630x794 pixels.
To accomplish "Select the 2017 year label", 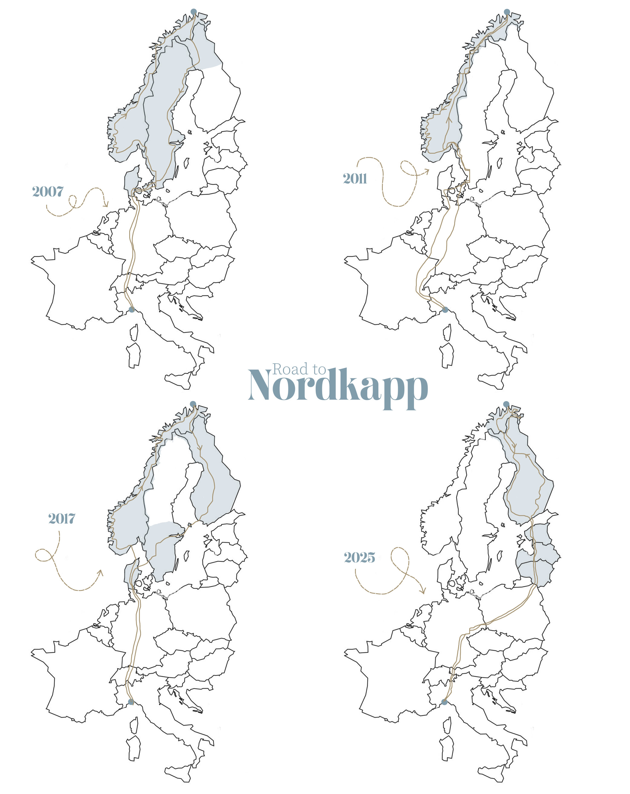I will (x=62, y=519).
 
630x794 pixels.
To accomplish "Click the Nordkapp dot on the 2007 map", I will (x=193, y=12).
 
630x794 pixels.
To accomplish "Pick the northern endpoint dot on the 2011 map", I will (x=507, y=12).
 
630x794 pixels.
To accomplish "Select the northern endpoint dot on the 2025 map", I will (x=506, y=404).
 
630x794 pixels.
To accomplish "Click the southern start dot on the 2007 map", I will (x=131, y=309).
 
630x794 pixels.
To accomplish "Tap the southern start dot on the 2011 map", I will (x=445, y=310).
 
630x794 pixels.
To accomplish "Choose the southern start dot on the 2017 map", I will (x=131, y=702).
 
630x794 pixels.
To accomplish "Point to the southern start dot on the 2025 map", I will (x=444, y=702).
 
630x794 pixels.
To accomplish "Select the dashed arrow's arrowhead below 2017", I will (x=100, y=572).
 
